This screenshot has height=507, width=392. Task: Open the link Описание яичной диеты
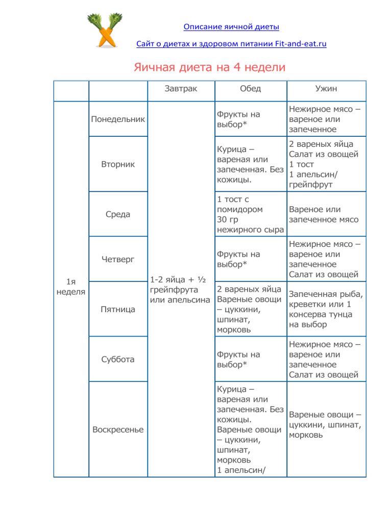point(231,26)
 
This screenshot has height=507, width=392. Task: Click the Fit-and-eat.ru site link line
point(231,44)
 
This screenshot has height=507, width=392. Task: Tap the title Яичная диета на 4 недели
point(209,67)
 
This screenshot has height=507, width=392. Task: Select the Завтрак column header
point(181,89)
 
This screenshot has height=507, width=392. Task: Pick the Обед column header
point(250,89)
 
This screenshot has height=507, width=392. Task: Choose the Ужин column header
point(327,89)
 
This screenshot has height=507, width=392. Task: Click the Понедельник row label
point(118,119)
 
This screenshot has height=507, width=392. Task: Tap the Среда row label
point(118,214)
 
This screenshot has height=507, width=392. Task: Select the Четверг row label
point(118,259)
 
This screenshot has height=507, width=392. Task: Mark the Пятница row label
point(118,309)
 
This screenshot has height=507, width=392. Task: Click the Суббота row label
point(118,359)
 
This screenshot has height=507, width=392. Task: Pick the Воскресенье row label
point(118,429)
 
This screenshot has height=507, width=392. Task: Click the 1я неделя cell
point(71,286)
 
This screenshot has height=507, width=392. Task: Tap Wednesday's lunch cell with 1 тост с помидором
point(250,214)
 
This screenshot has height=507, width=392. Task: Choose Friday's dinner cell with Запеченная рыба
point(326,309)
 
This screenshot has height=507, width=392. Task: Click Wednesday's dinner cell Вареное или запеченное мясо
point(323,214)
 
